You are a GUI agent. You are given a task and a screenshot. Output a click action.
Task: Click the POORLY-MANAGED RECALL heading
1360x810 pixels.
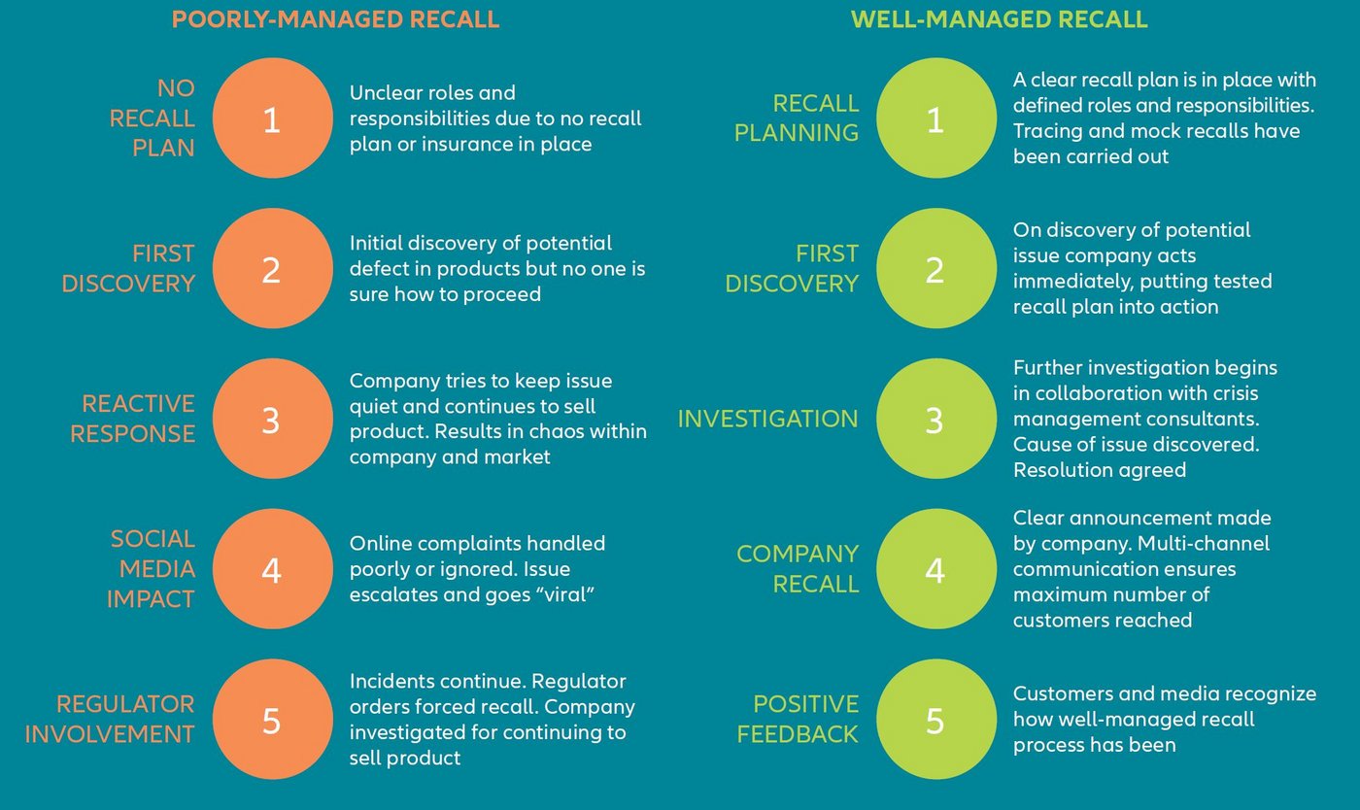pyautogui.click(x=335, y=19)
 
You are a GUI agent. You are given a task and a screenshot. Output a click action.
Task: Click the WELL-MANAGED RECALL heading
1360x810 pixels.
pyautogui.click(x=999, y=19)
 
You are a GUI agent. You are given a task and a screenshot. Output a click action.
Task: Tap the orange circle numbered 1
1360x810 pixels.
pyautogui.click(x=271, y=119)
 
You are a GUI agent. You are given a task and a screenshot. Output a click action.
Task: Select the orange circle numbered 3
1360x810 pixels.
pyautogui.click(x=271, y=420)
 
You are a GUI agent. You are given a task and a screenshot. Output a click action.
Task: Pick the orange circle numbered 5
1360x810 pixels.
pyautogui.click(x=271, y=720)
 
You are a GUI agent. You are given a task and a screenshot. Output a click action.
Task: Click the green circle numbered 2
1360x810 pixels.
pyautogui.click(x=935, y=269)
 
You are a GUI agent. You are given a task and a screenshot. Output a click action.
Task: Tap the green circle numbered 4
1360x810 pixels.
pyautogui.click(x=935, y=570)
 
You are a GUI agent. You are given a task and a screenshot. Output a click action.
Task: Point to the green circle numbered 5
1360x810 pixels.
pyautogui.click(x=935, y=720)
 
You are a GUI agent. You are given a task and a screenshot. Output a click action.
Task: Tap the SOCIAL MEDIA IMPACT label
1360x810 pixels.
pyautogui.click(x=151, y=569)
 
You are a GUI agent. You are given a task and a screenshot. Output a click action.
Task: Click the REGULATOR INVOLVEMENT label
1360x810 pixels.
pyautogui.click(x=110, y=720)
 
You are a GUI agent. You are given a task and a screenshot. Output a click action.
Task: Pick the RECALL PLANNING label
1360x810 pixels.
pyautogui.click(x=797, y=118)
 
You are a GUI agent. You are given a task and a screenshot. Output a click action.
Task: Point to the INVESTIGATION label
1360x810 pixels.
pyautogui.click(x=767, y=419)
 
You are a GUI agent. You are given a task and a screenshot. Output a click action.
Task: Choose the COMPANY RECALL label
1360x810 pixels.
pyautogui.click(x=797, y=569)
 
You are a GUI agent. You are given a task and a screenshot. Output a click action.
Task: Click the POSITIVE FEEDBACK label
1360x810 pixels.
pyautogui.click(x=797, y=720)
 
